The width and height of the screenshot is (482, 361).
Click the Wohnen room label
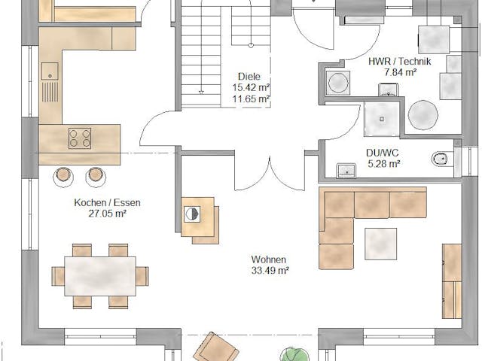(x=270, y=259)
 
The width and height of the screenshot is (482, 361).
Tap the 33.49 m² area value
(x=270, y=270)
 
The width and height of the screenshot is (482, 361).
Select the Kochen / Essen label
(x=107, y=202)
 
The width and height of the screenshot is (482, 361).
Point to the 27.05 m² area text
(x=107, y=213)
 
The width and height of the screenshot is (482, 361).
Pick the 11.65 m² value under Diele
(x=251, y=99)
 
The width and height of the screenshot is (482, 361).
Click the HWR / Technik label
(x=399, y=62)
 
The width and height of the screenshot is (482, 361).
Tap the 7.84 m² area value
(x=400, y=72)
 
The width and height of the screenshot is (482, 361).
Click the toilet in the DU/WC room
(x=441, y=159)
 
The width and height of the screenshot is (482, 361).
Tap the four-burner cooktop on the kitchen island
(x=80, y=138)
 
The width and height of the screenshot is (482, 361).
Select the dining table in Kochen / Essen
(x=100, y=276)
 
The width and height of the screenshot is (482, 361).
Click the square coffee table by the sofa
(x=381, y=243)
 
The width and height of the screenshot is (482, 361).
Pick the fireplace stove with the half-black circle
(x=194, y=214)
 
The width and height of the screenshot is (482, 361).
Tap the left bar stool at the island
(x=63, y=175)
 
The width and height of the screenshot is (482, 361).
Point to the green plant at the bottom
(x=291, y=353)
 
